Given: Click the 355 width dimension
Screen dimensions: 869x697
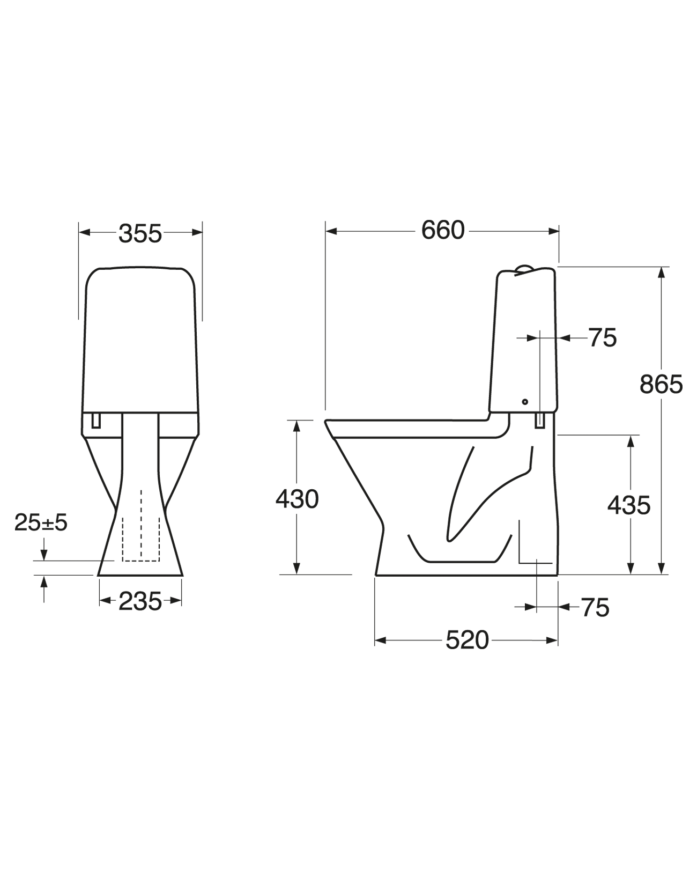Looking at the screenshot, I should (x=140, y=233).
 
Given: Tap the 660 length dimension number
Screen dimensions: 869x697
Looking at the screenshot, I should (x=443, y=231).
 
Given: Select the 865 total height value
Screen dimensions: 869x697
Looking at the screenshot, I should (x=661, y=384).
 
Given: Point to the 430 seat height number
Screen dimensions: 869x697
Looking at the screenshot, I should (x=297, y=499).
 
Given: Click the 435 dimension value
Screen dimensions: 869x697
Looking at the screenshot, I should (x=628, y=505).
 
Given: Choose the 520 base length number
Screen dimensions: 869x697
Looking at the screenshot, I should (x=467, y=640).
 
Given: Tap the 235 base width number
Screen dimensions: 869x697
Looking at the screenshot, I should (x=140, y=601).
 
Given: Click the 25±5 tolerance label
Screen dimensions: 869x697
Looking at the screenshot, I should (x=41, y=522).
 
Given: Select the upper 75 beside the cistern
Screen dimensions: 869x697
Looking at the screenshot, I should (x=603, y=338).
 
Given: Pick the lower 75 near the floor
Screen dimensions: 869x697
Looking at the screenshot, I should (x=595, y=608).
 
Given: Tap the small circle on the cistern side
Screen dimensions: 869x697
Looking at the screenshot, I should (x=525, y=402).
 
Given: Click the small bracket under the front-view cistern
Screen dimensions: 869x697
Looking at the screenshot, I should (x=96, y=421).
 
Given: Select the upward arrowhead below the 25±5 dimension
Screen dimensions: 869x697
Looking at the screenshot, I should (x=44, y=580).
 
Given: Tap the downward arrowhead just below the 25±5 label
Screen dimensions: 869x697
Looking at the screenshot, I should (x=44, y=556).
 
